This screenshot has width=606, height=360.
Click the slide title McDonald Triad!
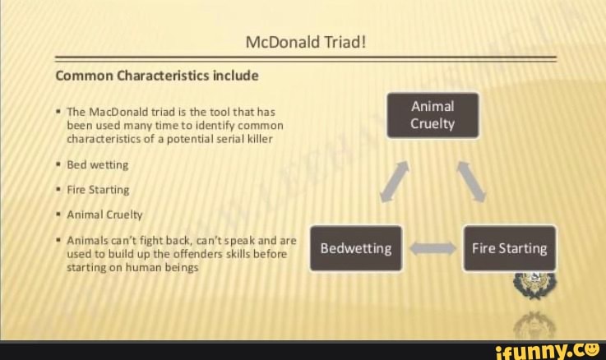[x=306, y=42]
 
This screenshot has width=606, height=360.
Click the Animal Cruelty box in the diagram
[x=433, y=115]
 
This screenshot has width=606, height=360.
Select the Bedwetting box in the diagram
[x=356, y=248]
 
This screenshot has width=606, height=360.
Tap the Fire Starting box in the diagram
[x=510, y=248]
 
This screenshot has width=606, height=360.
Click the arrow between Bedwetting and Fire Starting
[x=433, y=248]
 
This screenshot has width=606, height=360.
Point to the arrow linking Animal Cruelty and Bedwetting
[x=395, y=182]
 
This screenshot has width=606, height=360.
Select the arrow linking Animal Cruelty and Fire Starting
[x=471, y=182]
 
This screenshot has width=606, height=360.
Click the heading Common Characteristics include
[x=157, y=76]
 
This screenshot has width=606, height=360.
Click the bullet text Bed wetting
[x=97, y=165]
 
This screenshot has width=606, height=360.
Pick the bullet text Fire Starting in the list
[x=98, y=190]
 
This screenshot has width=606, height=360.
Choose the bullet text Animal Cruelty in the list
[x=104, y=215]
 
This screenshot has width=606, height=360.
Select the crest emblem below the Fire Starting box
[x=535, y=285]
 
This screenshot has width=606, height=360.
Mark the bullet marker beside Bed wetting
[x=58, y=164]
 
